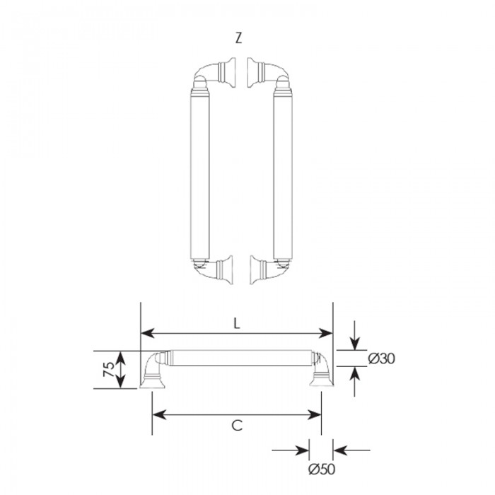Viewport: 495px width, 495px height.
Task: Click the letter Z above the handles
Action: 239,38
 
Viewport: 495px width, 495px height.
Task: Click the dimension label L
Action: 237,323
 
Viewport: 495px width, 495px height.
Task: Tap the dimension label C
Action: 237,426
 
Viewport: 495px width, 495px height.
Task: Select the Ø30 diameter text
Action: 382,359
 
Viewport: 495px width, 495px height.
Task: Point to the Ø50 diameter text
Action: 322,469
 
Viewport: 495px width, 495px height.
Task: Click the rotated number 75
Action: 109,369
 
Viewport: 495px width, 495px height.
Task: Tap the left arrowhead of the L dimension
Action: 147,333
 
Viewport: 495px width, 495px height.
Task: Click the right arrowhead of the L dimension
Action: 326,333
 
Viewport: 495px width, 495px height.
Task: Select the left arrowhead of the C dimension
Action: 159,414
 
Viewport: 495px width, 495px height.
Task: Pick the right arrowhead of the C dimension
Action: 315,414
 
